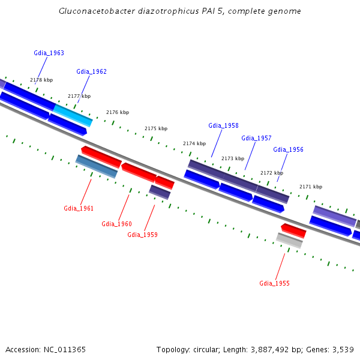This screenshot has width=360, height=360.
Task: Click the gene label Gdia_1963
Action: point(49,53)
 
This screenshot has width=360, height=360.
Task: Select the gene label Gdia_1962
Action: point(91,71)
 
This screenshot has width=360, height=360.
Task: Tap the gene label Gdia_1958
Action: point(223,125)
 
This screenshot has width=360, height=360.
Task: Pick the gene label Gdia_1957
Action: point(256,138)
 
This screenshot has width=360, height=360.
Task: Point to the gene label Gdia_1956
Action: point(288,149)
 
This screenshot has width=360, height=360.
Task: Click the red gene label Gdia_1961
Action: point(79,208)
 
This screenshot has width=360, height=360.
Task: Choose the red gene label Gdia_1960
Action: point(116,224)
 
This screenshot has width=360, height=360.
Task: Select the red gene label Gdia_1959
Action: point(142,235)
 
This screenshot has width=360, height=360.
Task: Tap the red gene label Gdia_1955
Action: point(274,283)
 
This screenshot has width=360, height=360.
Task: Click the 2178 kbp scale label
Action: point(41,80)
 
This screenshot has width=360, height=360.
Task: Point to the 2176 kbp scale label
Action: point(118,112)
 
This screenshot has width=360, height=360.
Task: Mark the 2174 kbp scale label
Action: point(194,143)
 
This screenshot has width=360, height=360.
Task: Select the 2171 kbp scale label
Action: point(311,187)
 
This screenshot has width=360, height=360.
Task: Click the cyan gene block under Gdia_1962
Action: point(73,115)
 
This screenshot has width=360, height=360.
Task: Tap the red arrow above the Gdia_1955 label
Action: point(293,230)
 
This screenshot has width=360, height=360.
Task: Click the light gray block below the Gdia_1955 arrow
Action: point(289,240)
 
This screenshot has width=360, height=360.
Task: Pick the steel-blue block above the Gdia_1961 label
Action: point(97,166)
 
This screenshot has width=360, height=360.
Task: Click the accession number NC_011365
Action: point(64,349)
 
